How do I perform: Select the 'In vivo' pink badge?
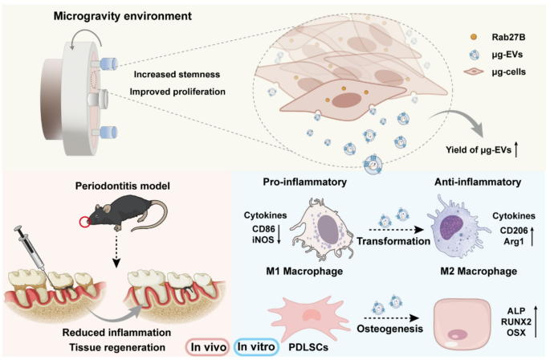click(x=207, y=346)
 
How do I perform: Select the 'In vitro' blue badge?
click(x=259, y=346)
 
